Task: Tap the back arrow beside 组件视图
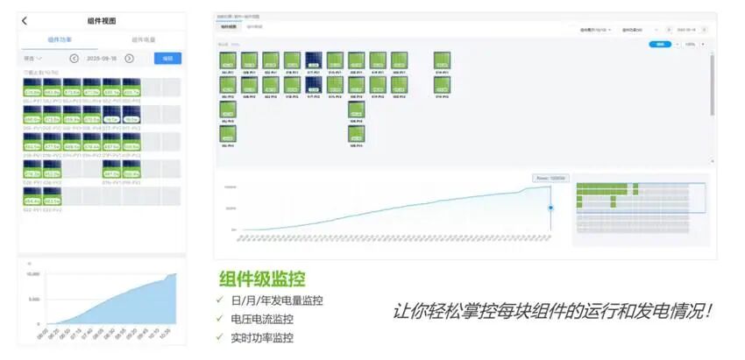(x=25, y=20)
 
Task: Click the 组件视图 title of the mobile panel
(x=102, y=20)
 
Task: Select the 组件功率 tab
(x=60, y=39)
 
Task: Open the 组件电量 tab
(x=143, y=39)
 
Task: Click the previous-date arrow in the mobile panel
(x=74, y=59)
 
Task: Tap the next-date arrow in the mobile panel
(x=129, y=59)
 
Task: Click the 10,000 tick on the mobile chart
(x=32, y=274)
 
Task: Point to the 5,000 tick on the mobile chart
(x=33, y=299)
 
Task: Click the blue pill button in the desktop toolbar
(x=659, y=44)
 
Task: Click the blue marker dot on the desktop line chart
(x=550, y=208)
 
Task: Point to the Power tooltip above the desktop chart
(x=550, y=178)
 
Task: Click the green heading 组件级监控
(x=262, y=279)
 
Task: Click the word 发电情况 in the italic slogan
(x=665, y=310)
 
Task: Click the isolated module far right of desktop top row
(x=442, y=60)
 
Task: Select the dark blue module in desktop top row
(x=313, y=60)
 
